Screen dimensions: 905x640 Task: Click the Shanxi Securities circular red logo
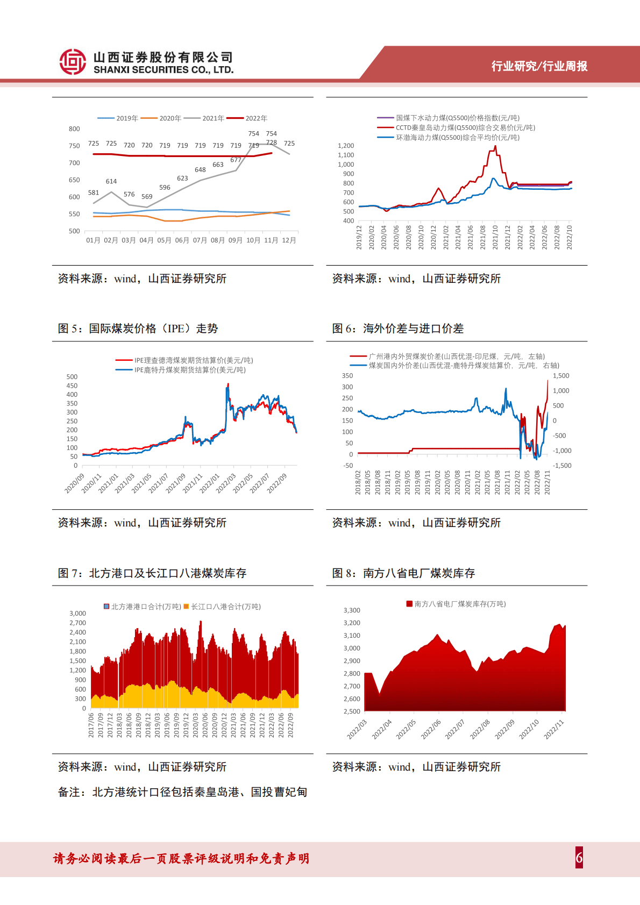pos(73,61)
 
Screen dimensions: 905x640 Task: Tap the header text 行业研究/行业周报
pos(539,66)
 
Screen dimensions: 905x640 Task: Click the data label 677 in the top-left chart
pos(236,160)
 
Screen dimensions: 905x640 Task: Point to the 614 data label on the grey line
pos(111,181)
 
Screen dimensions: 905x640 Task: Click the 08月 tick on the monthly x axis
pos(218,240)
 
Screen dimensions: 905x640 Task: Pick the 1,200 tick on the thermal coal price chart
pos(346,146)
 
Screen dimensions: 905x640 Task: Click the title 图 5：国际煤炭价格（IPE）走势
pos(138,329)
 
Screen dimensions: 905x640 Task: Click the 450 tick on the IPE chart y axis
pos(72,386)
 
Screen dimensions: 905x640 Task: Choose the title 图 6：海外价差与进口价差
pos(398,329)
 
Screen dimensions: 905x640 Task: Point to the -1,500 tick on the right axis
pos(562,466)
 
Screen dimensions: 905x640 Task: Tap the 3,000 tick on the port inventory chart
pos(77,614)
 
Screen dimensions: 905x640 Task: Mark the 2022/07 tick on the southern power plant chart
pos(455,730)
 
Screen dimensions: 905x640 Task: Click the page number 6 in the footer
pos(579,858)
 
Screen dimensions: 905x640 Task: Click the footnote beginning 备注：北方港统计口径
pos(182,792)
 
